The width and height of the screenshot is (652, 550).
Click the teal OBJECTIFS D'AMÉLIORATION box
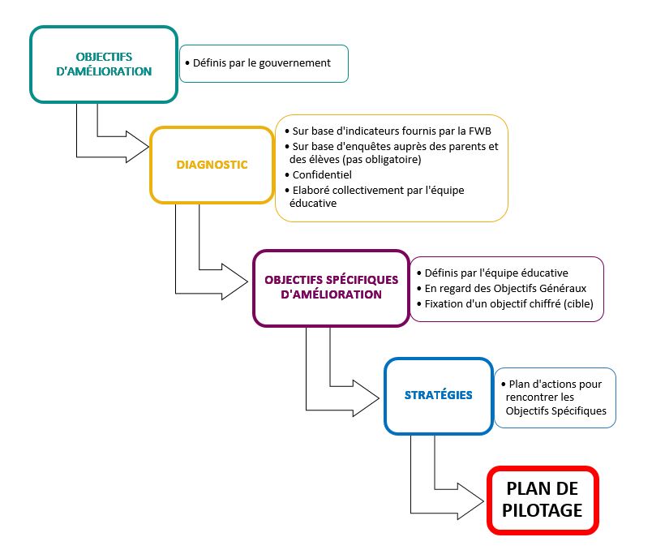click(103, 64)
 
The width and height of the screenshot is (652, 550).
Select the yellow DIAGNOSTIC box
click(212, 165)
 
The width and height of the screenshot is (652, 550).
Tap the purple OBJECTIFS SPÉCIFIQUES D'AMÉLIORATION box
click(331, 287)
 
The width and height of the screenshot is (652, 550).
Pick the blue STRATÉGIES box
click(438, 395)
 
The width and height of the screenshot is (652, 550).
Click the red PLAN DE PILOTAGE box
click(543, 500)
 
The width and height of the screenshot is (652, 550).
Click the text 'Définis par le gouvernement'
click(262, 63)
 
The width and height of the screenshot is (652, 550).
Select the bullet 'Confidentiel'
click(322, 174)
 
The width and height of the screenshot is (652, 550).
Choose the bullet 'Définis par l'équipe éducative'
click(496, 273)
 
